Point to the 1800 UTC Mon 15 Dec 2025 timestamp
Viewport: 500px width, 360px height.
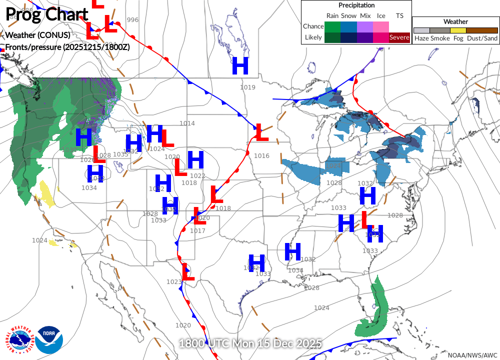[x=250, y=344]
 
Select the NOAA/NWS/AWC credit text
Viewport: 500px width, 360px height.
[x=472, y=354]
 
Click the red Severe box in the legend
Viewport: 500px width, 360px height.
[x=399, y=37]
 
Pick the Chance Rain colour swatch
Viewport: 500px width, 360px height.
[x=332, y=26]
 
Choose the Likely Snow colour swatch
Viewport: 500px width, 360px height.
[x=348, y=37]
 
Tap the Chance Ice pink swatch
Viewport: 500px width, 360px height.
[x=381, y=26]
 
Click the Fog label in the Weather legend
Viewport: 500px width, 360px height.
[x=458, y=38]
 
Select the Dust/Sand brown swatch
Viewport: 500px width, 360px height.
[x=482, y=30]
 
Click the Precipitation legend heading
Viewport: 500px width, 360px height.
[x=356, y=5]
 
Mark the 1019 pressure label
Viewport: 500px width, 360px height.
[x=247, y=87]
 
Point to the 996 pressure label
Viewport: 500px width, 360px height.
[x=132, y=20]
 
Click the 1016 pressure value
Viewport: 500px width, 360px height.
[x=261, y=156]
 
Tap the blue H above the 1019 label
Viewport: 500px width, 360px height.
[x=240, y=66]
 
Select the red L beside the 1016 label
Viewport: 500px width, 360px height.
[x=261, y=132]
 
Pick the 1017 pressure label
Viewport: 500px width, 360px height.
[x=197, y=231]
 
